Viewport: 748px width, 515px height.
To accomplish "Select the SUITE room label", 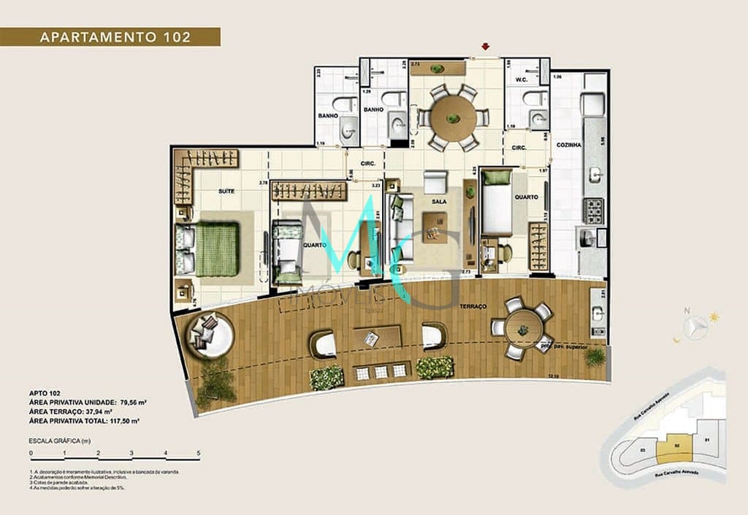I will coord(226,191).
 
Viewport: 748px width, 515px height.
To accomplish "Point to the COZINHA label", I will coord(570,145).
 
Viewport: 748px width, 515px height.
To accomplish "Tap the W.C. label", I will coord(521,80).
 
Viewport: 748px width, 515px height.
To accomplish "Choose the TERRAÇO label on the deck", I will coord(473,308).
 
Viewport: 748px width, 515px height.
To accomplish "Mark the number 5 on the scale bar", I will coord(199,454).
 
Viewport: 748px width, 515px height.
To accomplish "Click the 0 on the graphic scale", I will coord(31,454).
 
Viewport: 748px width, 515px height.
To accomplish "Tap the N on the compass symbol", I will coord(686,312).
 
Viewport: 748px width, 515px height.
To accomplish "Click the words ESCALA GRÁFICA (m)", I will coord(59,441).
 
